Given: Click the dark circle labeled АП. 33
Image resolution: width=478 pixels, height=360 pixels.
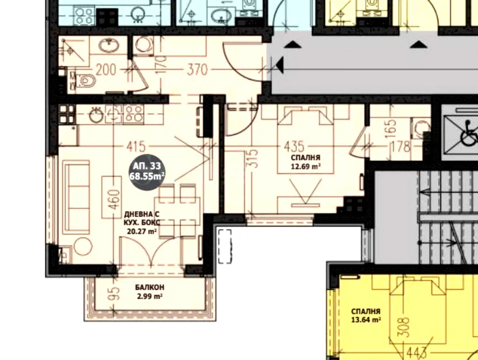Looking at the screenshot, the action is click(147, 171).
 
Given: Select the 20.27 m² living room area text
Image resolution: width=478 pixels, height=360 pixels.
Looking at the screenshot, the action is click(141, 231).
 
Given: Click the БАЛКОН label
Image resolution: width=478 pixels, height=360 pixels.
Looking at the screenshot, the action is click(150, 287).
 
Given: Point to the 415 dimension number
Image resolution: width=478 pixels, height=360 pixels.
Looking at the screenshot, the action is click(136, 147).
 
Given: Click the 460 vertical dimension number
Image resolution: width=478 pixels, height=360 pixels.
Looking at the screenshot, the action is click(113, 199).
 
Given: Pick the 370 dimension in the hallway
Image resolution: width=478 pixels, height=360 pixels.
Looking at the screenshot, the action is click(197, 70).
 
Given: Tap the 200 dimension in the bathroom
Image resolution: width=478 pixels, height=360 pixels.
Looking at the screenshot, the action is click(106, 70).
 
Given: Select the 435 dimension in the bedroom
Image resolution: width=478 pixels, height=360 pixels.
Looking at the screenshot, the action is click(294, 147).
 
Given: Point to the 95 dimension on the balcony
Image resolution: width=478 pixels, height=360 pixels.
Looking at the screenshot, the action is click(113, 294).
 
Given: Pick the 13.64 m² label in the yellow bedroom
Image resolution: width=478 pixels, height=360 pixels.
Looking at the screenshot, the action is click(366, 320).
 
